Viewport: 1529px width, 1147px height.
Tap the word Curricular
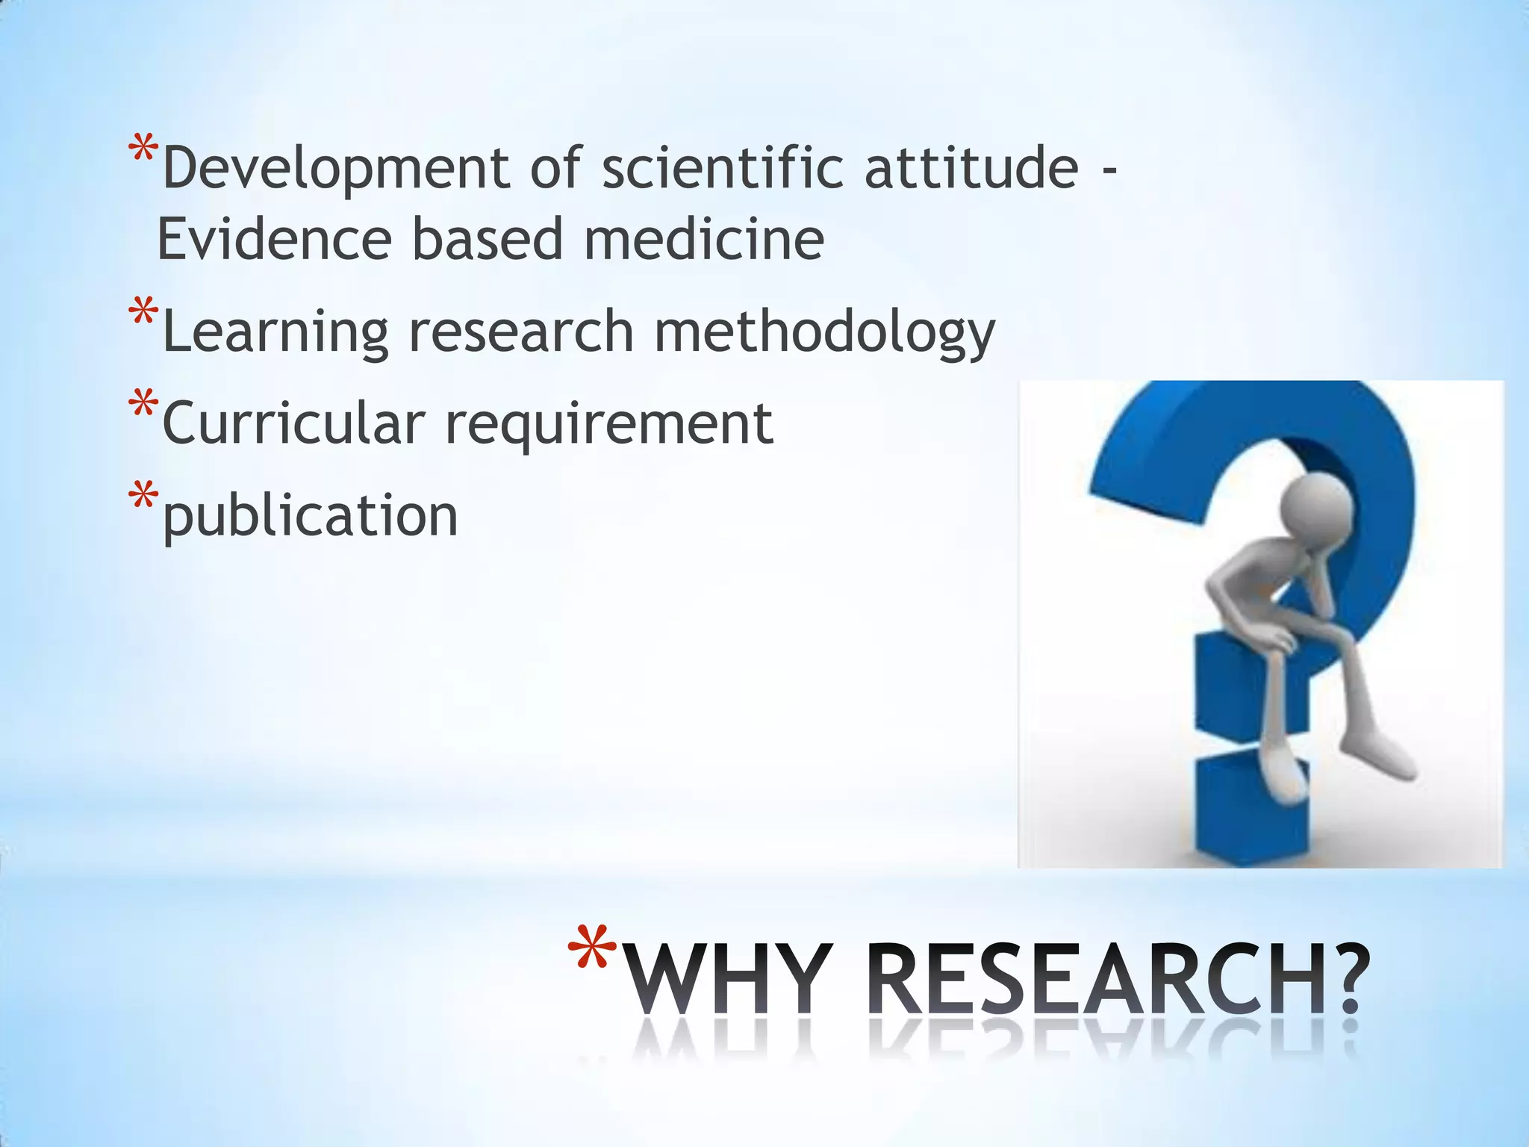point(293,423)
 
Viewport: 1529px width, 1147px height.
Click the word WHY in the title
point(727,979)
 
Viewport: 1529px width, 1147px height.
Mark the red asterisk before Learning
point(143,312)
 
